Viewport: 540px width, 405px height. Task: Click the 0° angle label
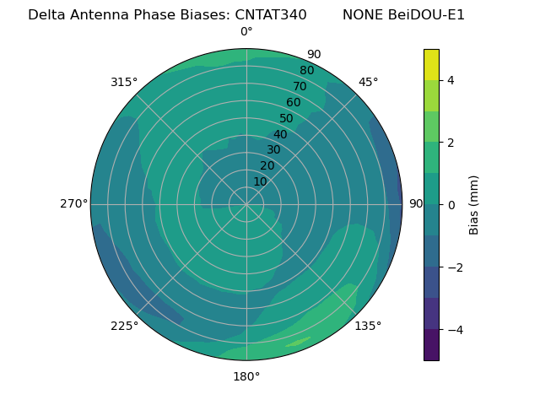point(246,32)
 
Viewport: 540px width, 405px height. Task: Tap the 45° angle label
point(368,82)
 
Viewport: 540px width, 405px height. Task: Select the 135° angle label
point(368,326)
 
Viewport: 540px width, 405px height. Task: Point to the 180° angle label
point(246,376)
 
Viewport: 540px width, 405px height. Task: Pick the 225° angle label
point(124,326)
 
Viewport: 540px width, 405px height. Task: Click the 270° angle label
point(73,203)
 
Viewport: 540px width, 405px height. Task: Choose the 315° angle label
point(124,82)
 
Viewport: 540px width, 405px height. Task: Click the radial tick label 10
point(260,181)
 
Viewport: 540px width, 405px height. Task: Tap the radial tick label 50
point(287,119)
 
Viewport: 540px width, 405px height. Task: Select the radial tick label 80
point(307,71)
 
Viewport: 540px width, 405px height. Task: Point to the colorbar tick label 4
point(451,80)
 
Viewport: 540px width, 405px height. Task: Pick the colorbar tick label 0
point(451,205)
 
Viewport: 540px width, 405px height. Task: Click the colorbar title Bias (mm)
point(474,205)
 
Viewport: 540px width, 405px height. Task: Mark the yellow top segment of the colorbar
point(431,65)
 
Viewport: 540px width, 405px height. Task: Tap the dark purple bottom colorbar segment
point(431,345)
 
